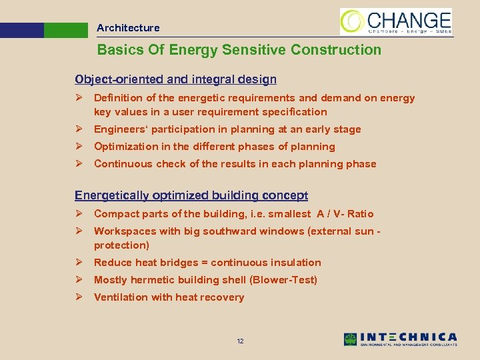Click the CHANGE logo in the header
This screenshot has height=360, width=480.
coord(396,21)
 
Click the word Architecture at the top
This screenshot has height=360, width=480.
coord(128,28)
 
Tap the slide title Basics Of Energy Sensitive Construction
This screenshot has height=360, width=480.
coord(239,50)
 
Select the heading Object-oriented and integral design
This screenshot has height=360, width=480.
coord(175,79)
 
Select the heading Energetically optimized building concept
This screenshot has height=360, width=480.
coord(191,195)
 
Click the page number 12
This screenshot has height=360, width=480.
coord(240,341)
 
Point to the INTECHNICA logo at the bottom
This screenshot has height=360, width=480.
coord(401,339)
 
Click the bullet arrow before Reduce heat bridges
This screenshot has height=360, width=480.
coord(79,263)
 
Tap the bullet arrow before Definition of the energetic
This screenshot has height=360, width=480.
coord(79,98)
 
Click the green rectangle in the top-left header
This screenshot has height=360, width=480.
coord(66,30)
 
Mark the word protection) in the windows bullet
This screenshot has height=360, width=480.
coord(121,245)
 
